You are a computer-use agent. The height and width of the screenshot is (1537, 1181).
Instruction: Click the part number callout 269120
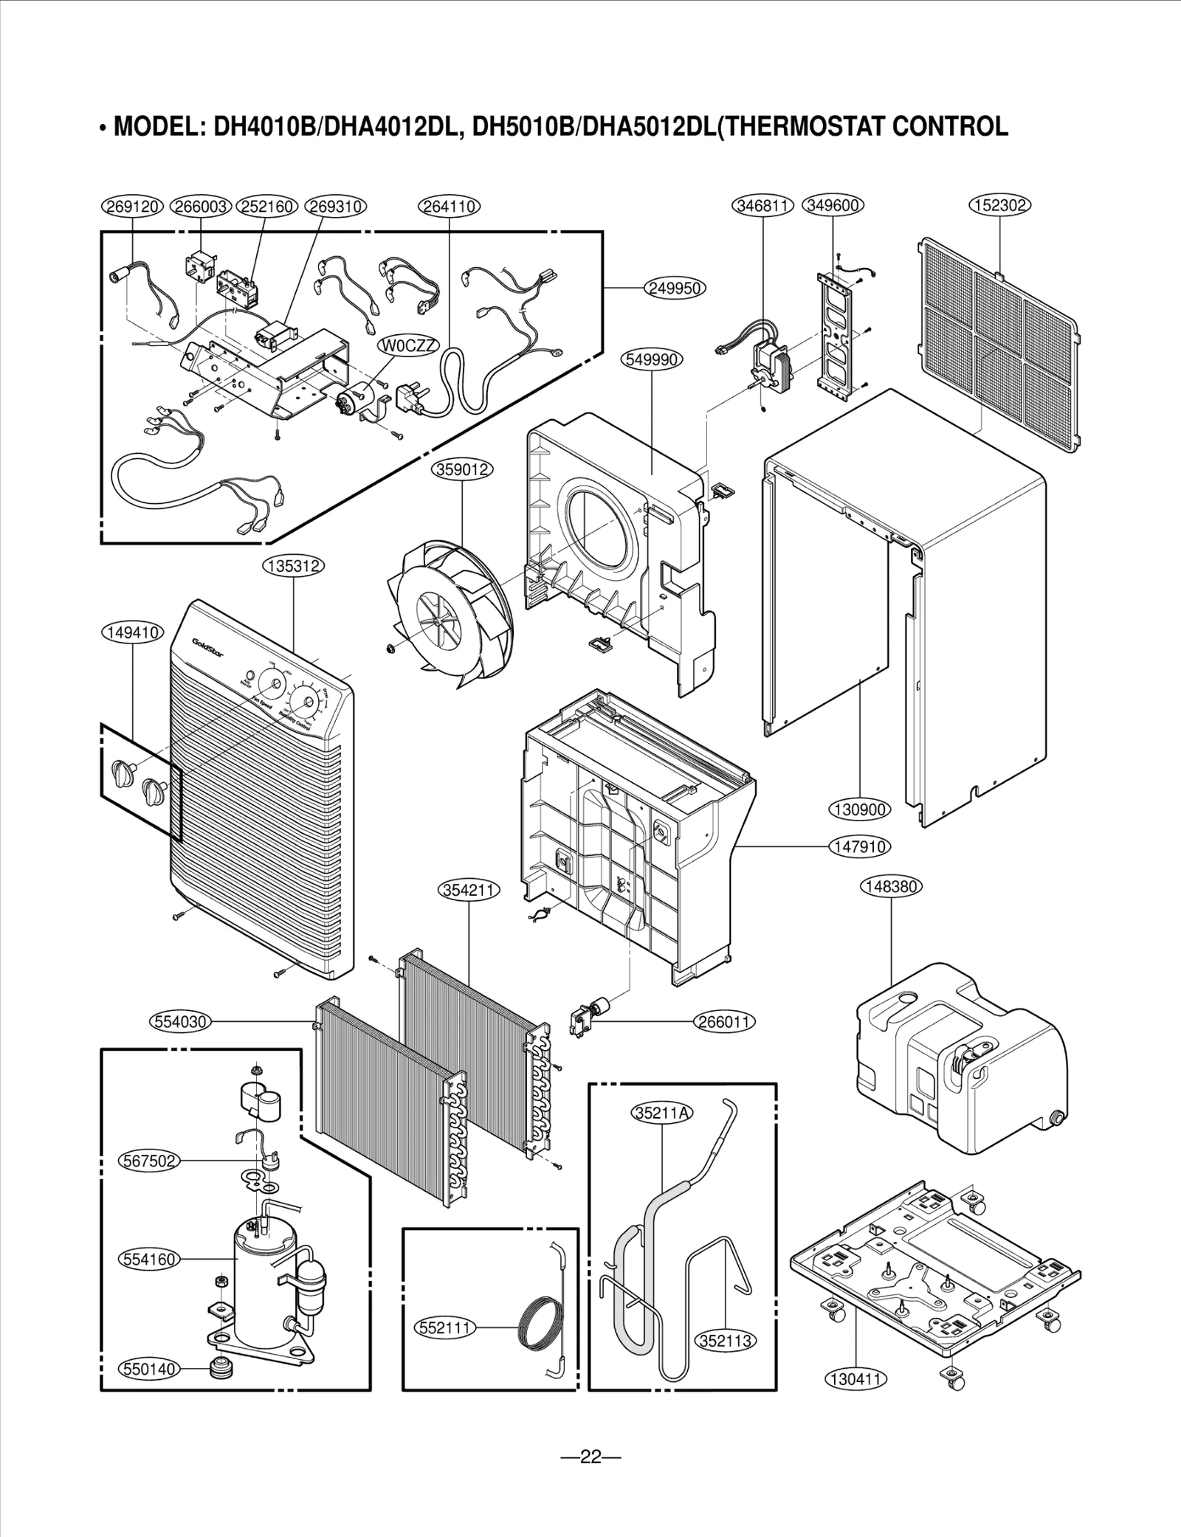tap(131, 207)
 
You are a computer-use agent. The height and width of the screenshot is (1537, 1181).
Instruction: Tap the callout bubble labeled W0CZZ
tap(409, 346)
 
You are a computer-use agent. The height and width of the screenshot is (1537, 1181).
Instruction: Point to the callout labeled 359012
tap(462, 469)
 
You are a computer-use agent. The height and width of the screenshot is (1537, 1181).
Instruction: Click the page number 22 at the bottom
tap(590, 1457)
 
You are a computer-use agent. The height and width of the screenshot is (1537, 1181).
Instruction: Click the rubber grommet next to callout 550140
tap(216, 1367)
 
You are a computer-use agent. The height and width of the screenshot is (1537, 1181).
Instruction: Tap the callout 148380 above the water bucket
tap(892, 887)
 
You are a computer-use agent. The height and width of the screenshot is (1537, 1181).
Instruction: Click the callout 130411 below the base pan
tap(855, 1378)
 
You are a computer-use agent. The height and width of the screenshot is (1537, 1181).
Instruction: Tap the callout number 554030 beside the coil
tap(180, 1022)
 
